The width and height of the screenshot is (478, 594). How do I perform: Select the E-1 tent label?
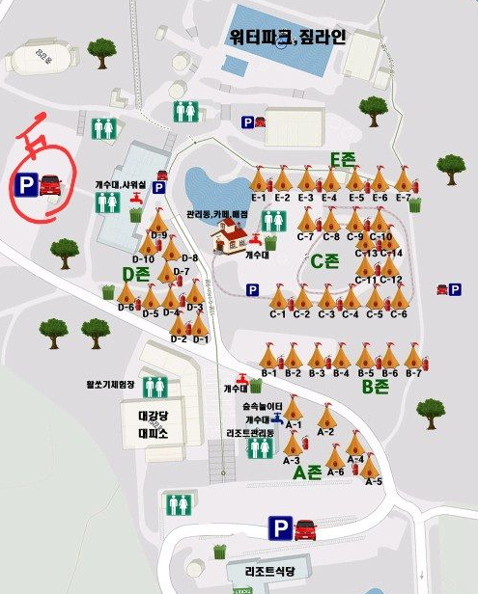[x=258, y=198]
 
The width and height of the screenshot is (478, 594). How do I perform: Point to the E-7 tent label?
[x=403, y=198]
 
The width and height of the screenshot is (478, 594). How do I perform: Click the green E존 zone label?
[x=343, y=159]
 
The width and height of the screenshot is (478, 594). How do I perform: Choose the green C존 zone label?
[x=323, y=260]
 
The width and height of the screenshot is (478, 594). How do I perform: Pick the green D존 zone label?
[x=134, y=273]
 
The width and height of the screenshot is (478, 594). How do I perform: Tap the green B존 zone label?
[x=374, y=387]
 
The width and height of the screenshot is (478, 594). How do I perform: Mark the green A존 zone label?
[x=307, y=472]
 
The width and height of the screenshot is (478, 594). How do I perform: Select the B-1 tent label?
[x=268, y=373]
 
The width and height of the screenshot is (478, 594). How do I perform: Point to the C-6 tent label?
[x=399, y=314]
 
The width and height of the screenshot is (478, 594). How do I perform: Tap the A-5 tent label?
[x=374, y=481]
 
